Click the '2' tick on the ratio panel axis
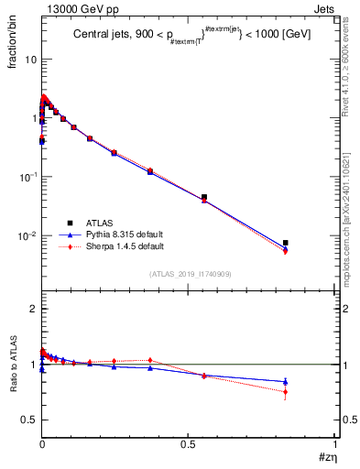click(34, 309)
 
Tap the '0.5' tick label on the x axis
click(188, 443)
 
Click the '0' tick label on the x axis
click(42, 443)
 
